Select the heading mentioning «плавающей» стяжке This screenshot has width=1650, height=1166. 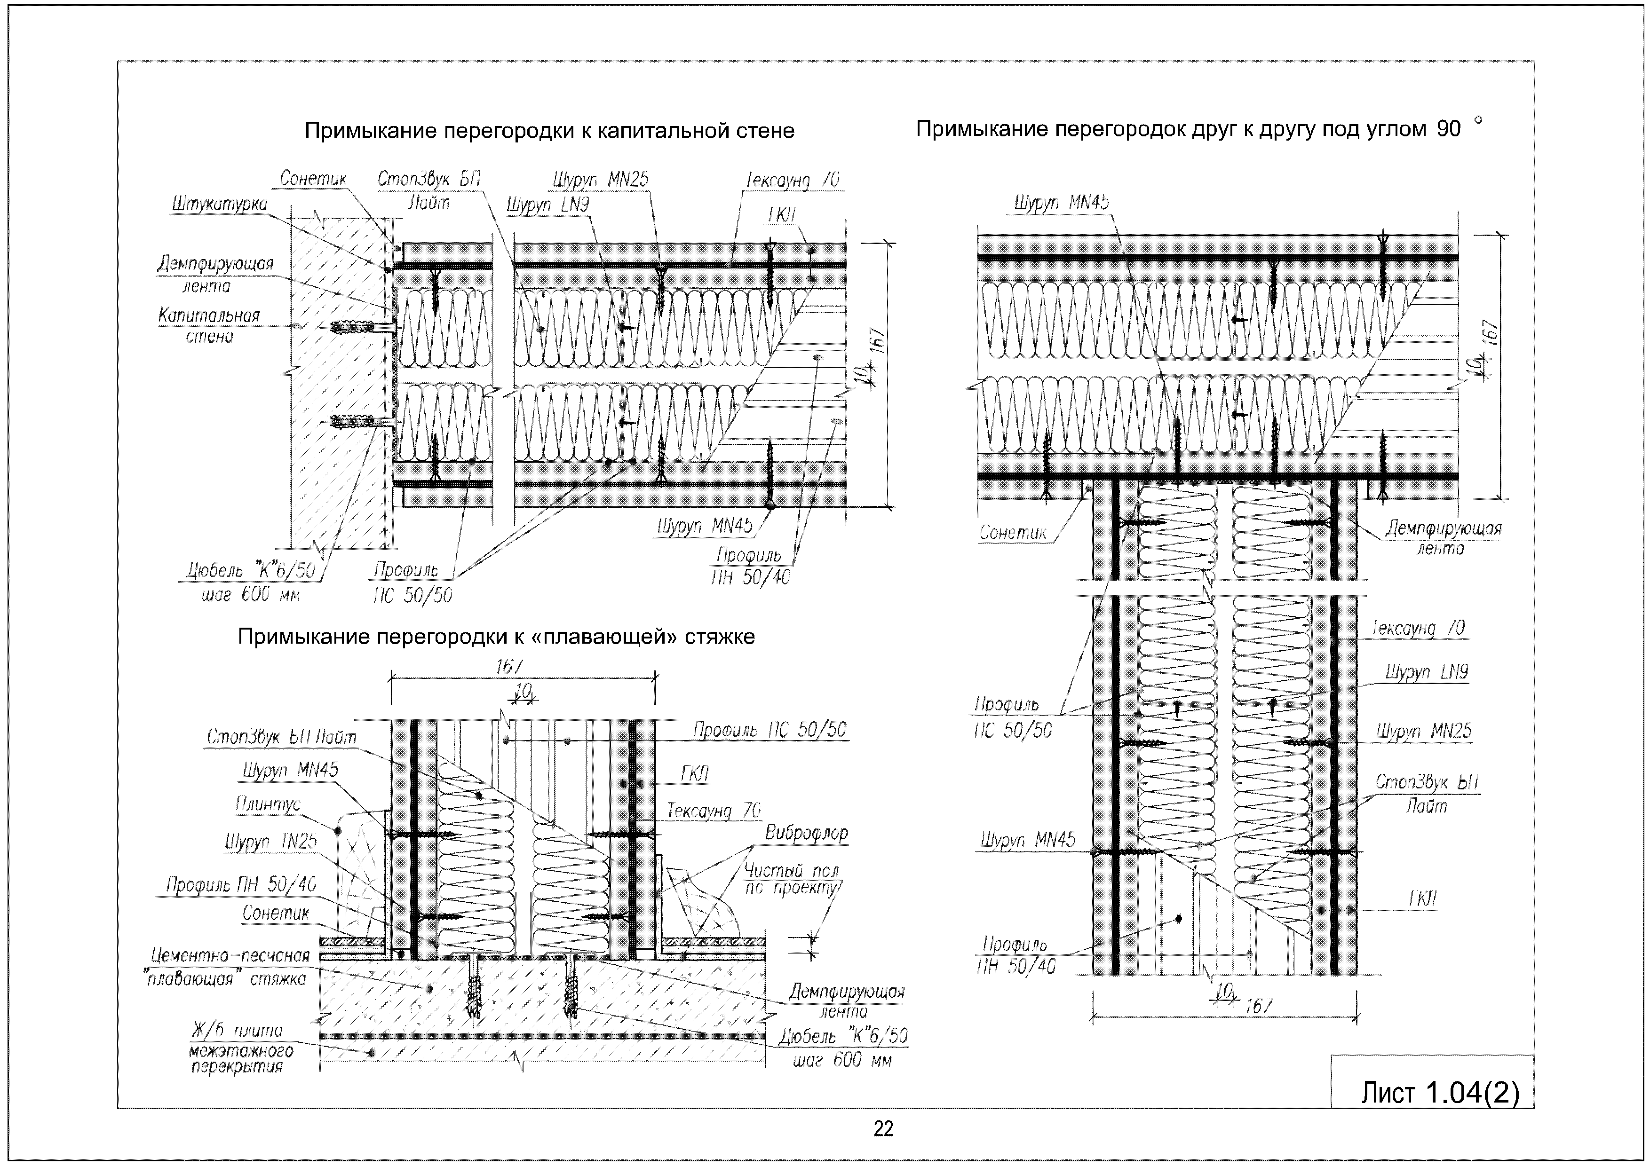coord(496,637)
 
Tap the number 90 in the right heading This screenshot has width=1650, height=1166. coord(1449,129)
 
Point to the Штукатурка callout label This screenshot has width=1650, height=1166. coord(219,204)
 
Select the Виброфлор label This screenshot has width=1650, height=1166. coord(806,834)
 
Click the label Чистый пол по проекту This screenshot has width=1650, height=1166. coord(791,879)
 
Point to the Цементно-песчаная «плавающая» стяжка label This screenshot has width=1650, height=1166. coord(229,967)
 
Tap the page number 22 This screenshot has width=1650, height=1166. coord(883,1129)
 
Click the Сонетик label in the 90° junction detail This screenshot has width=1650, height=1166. coord(1013,532)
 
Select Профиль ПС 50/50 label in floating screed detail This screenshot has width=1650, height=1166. coord(769,730)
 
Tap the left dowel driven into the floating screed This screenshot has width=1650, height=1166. coord(474,988)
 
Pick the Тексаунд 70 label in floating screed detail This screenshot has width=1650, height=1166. coord(714,811)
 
